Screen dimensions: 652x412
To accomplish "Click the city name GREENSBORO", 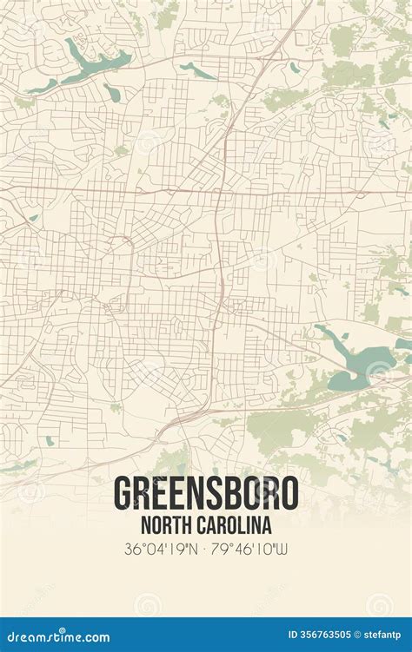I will coord(206,493).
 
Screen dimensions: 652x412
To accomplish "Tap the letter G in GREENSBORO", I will coord(124,493).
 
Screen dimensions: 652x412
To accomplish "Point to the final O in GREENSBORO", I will coord(288,493).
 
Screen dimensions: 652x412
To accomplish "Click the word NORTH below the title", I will coord(163,524).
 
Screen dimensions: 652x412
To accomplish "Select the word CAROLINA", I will coord(236,524).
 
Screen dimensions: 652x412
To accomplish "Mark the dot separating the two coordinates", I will coord(206,550).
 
